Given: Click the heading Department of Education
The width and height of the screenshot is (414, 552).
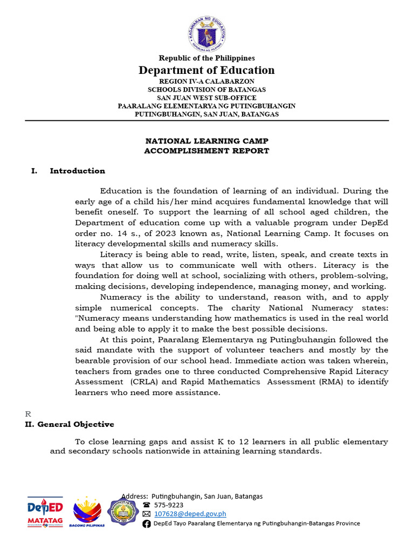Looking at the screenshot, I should click(x=206, y=70).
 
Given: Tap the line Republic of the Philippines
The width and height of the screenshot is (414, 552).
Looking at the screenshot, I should click(x=206, y=58).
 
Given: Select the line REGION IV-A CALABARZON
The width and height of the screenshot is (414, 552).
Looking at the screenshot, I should click(x=206, y=81).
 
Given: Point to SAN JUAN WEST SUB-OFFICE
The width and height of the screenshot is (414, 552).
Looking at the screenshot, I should click(x=206, y=98).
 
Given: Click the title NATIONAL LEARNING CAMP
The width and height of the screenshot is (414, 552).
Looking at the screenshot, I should click(x=206, y=141).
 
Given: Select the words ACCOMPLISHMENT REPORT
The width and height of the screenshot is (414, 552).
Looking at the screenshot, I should click(x=206, y=151).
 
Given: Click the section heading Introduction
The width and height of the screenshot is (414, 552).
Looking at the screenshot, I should click(x=77, y=171).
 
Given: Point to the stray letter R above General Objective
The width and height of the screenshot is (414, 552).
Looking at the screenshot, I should click(x=29, y=414).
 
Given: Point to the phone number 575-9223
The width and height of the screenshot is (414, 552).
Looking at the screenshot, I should click(x=169, y=505).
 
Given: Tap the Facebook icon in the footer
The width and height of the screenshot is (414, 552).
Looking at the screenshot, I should click(x=147, y=523).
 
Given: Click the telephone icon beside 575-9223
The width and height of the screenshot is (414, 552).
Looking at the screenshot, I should click(x=147, y=505).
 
